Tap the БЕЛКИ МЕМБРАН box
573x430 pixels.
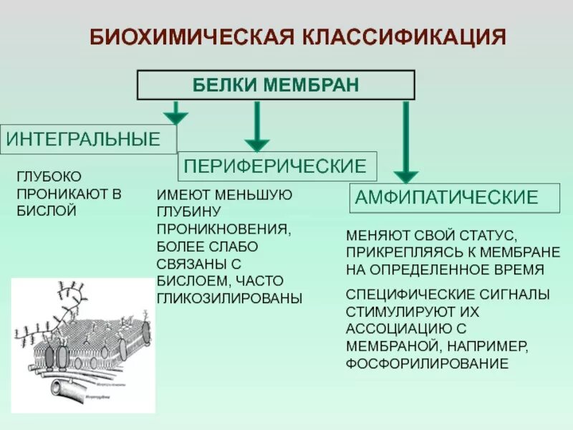pyautogui.click(x=276, y=85)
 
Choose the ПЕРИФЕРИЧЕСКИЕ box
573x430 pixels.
pyautogui.click(x=276, y=167)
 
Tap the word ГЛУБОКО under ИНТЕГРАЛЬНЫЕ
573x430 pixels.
pyautogui.click(x=49, y=176)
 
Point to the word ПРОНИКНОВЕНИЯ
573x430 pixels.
pyautogui.click(x=223, y=229)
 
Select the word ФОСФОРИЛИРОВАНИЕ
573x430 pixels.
pyautogui.click(x=427, y=364)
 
